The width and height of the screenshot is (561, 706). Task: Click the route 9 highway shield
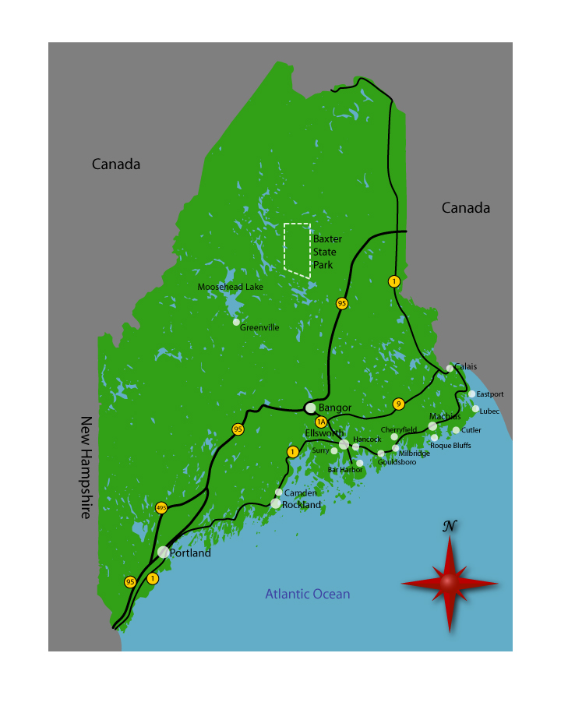pyautogui.click(x=398, y=404)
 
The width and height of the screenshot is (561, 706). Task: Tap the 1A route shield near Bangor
pyautogui.click(x=320, y=422)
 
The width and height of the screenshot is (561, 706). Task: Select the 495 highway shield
pyautogui.click(x=161, y=507)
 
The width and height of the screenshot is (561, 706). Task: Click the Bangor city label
pyautogui.click(x=335, y=408)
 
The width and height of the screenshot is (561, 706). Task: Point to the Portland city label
pyautogui.click(x=190, y=553)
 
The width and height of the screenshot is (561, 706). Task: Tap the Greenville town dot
pyautogui.click(x=236, y=322)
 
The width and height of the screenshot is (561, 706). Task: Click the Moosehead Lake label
pyautogui.click(x=230, y=287)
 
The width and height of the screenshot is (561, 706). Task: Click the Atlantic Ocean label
pyautogui.click(x=307, y=594)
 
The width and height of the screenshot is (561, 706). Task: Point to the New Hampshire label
pyautogui.click(x=86, y=468)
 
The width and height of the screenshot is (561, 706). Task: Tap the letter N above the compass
pyautogui.click(x=449, y=526)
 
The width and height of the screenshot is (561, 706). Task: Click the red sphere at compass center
pyautogui.click(x=449, y=582)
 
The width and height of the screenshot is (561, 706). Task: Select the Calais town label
pyautogui.click(x=465, y=366)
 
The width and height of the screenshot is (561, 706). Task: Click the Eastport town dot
pyautogui.click(x=471, y=394)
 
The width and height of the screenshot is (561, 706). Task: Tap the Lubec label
pyautogui.click(x=489, y=411)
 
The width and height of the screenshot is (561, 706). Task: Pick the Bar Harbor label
pyautogui.click(x=345, y=469)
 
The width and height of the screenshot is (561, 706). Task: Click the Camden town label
pyautogui.click(x=300, y=493)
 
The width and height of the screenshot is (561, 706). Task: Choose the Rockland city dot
pyautogui.click(x=275, y=504)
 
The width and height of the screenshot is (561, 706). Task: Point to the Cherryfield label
pyautogui.click(x=398, y=429)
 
